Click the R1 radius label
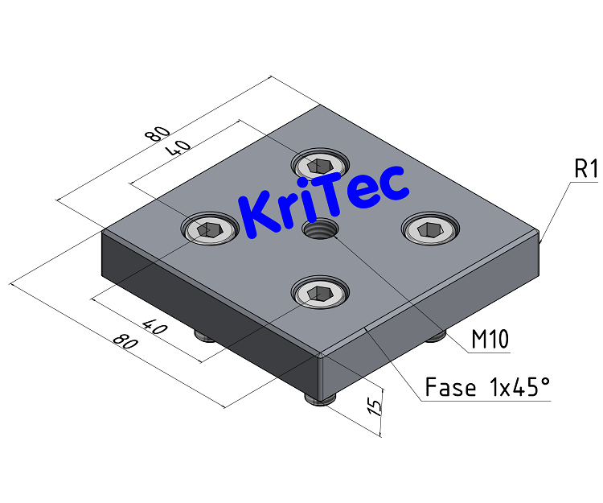(x=585, y=170)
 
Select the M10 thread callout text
(x=490, y=340)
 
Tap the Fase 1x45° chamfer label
(x=487, y=388)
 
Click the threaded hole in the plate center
(x=319, y=230)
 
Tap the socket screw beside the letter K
(x=210, y=230)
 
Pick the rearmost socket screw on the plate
(x=321, y=166)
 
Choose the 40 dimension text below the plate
(x=153, y=325)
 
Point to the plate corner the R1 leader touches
(x=541, y=239)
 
